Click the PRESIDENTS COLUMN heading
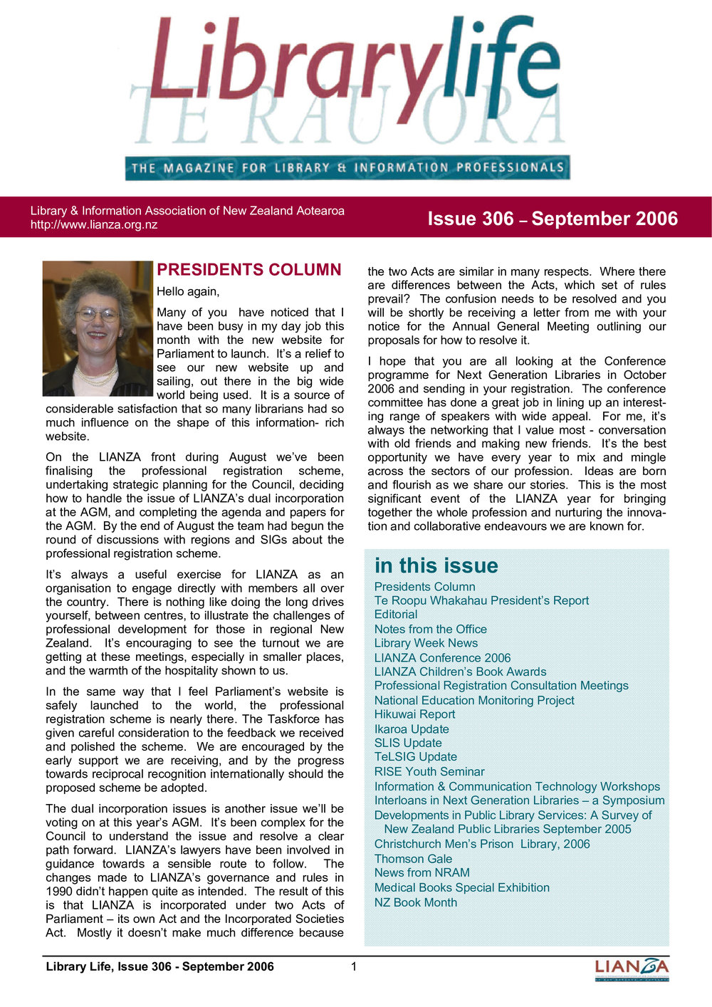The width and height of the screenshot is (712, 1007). pos(249,270)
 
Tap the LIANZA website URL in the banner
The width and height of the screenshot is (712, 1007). pos(94,225)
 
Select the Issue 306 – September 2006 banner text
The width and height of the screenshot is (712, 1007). pos(553,219)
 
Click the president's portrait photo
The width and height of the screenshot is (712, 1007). pos(98,328)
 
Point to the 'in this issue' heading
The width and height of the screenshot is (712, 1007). pos(436,565)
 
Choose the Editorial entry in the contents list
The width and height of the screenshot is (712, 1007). pos(396,615)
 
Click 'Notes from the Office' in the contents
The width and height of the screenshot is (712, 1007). pos(431,629)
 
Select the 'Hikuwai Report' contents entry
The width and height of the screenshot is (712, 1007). pos(414,714)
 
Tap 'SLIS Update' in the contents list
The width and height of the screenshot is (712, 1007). pos(408,743)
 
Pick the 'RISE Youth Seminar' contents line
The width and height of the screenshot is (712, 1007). pos(429,771)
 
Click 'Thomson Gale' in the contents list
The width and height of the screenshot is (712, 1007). pos(413,859)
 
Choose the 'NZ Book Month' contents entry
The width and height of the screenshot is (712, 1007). pos(416,902)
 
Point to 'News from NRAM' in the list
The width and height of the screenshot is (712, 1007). pos(422,872)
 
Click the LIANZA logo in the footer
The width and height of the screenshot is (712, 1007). pos(632,969)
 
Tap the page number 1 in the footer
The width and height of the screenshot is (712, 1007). pos(354,966)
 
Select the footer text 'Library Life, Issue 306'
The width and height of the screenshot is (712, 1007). pos(159,966)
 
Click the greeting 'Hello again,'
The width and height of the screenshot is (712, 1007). pos(188,291)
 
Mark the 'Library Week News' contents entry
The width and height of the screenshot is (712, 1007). pos(426,643)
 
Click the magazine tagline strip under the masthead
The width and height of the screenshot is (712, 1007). pos(347,168)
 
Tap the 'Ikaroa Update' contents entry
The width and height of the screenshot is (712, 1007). pos(412,729)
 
